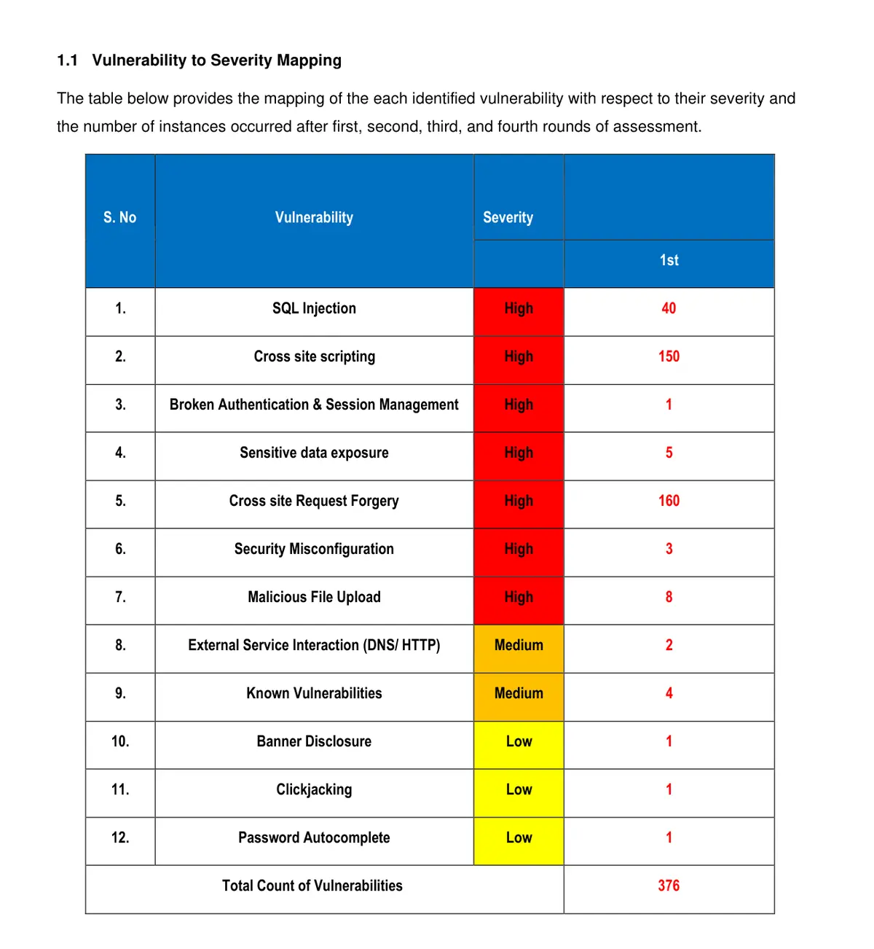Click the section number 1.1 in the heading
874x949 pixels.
pos(67,60)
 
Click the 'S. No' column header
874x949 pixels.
pos(120,217)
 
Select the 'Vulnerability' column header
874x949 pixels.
pos(314,217)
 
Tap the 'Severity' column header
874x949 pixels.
pos(508,217)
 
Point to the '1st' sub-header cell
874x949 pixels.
pos(669,260)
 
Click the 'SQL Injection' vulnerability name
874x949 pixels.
pos(314,308)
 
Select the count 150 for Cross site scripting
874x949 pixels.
pos(669,356)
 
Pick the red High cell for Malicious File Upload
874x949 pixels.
pos(519,597)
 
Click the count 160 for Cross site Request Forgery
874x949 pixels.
pos(669,501)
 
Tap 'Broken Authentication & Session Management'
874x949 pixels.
pos(314,405)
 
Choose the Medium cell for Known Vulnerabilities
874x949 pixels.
pos(519,693)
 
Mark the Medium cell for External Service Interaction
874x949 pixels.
pos(519,645)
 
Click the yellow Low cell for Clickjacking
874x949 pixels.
pos(519,789)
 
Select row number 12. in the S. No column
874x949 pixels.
pos(120,837)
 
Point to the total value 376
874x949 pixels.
pos(669,886)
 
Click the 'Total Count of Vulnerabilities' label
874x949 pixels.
pos(312,886)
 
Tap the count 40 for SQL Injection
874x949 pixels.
pos(669,308)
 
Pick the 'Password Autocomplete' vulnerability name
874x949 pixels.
pos(314,837)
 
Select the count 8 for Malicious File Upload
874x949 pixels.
pos(669,597)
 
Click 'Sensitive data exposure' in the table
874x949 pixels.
pos(314,453)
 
